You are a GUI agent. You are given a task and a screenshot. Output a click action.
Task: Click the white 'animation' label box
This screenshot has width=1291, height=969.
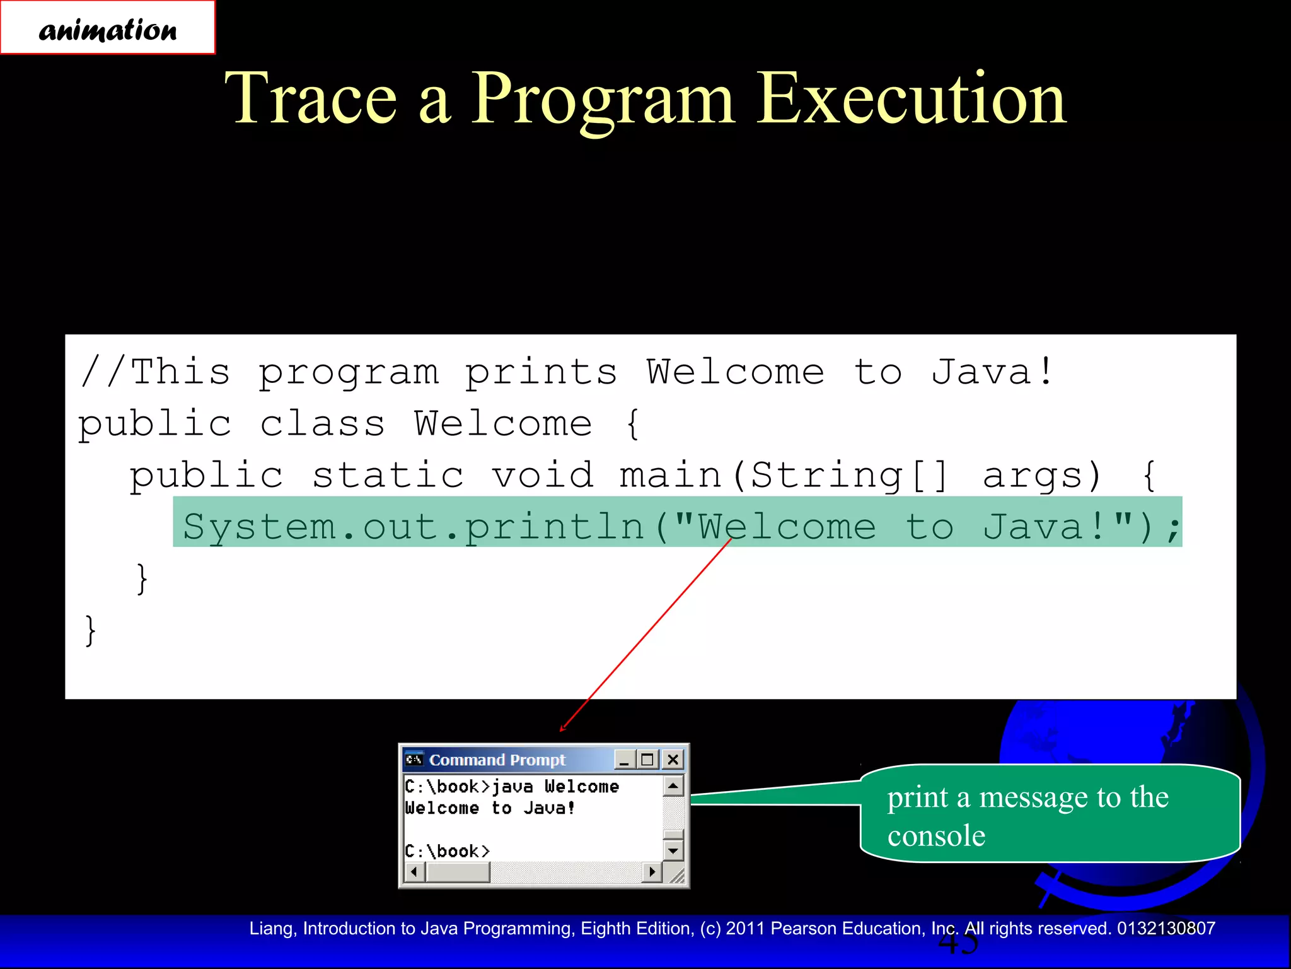(x=108, y=28)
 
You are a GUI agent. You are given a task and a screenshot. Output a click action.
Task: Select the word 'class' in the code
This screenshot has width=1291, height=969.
(x=322, y=424)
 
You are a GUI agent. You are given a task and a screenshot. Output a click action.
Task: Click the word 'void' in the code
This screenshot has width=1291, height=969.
(x=543, y=476)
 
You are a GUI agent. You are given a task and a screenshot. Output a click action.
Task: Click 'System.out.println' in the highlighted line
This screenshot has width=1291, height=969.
(x=413, y=527)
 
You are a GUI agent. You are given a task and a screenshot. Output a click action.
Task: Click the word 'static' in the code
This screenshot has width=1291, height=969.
(x=388, y=476)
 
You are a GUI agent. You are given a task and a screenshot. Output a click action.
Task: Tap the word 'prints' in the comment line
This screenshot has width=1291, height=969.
(x=541, y=372)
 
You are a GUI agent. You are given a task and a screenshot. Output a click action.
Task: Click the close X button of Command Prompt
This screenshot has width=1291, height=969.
(x=673, y=760)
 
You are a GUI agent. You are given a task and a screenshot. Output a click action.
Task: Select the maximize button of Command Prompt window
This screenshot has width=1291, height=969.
(x=647, y=760)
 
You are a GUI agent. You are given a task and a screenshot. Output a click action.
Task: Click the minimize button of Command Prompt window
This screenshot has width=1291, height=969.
(x=625, y=760)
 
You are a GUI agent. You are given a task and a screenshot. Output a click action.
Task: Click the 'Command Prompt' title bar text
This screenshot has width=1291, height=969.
(x=497, y=760)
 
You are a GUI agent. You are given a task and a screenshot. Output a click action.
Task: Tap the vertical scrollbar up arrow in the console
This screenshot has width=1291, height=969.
(x=673, y=786)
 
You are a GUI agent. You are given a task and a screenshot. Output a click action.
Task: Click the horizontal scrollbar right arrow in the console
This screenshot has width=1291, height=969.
(x=652, y=872)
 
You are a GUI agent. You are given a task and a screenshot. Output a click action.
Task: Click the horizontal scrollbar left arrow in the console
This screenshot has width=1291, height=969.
(x=414, y=872)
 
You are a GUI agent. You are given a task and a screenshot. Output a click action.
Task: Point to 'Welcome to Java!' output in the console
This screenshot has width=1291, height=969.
(x=490, y=808)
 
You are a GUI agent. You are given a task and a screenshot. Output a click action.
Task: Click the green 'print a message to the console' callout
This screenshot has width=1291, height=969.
(x=1050, y=814)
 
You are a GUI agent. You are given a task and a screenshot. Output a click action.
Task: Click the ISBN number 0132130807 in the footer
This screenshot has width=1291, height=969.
(x=1166, y=929)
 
